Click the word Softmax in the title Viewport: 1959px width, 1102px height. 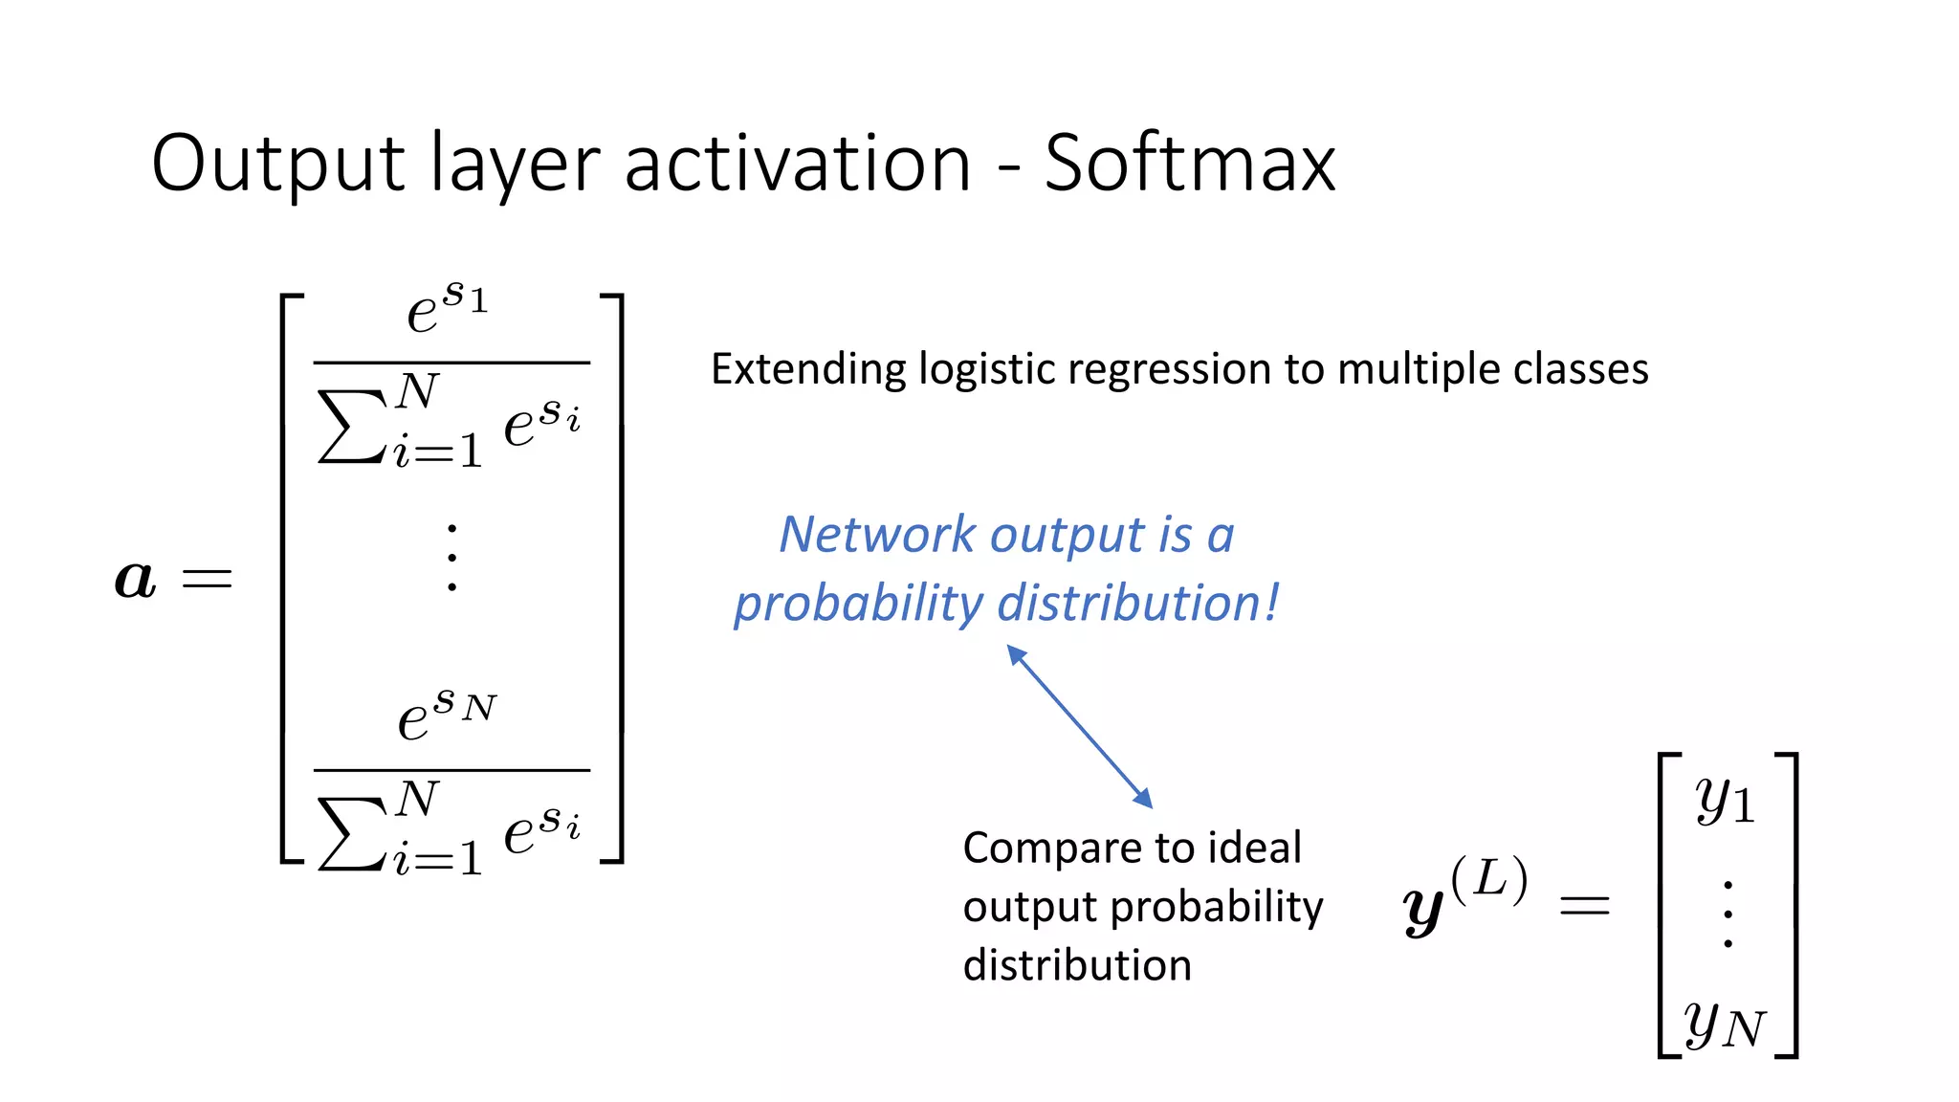(1189, 165)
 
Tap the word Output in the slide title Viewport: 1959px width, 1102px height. (278, 165)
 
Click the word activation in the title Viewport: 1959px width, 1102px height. (798, 165)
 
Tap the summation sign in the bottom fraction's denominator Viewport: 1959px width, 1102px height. (349, 833)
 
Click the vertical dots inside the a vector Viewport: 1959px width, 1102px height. (451, 557)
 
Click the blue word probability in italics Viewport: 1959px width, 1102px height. (858, 605)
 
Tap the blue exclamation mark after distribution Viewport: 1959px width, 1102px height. (1272, 603)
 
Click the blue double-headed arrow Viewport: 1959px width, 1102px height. (1080, 727)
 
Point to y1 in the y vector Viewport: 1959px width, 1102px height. (1725, 801)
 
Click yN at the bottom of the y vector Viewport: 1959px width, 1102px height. (1725, 1025)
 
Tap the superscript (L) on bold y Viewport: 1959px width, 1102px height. (1488, 879)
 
